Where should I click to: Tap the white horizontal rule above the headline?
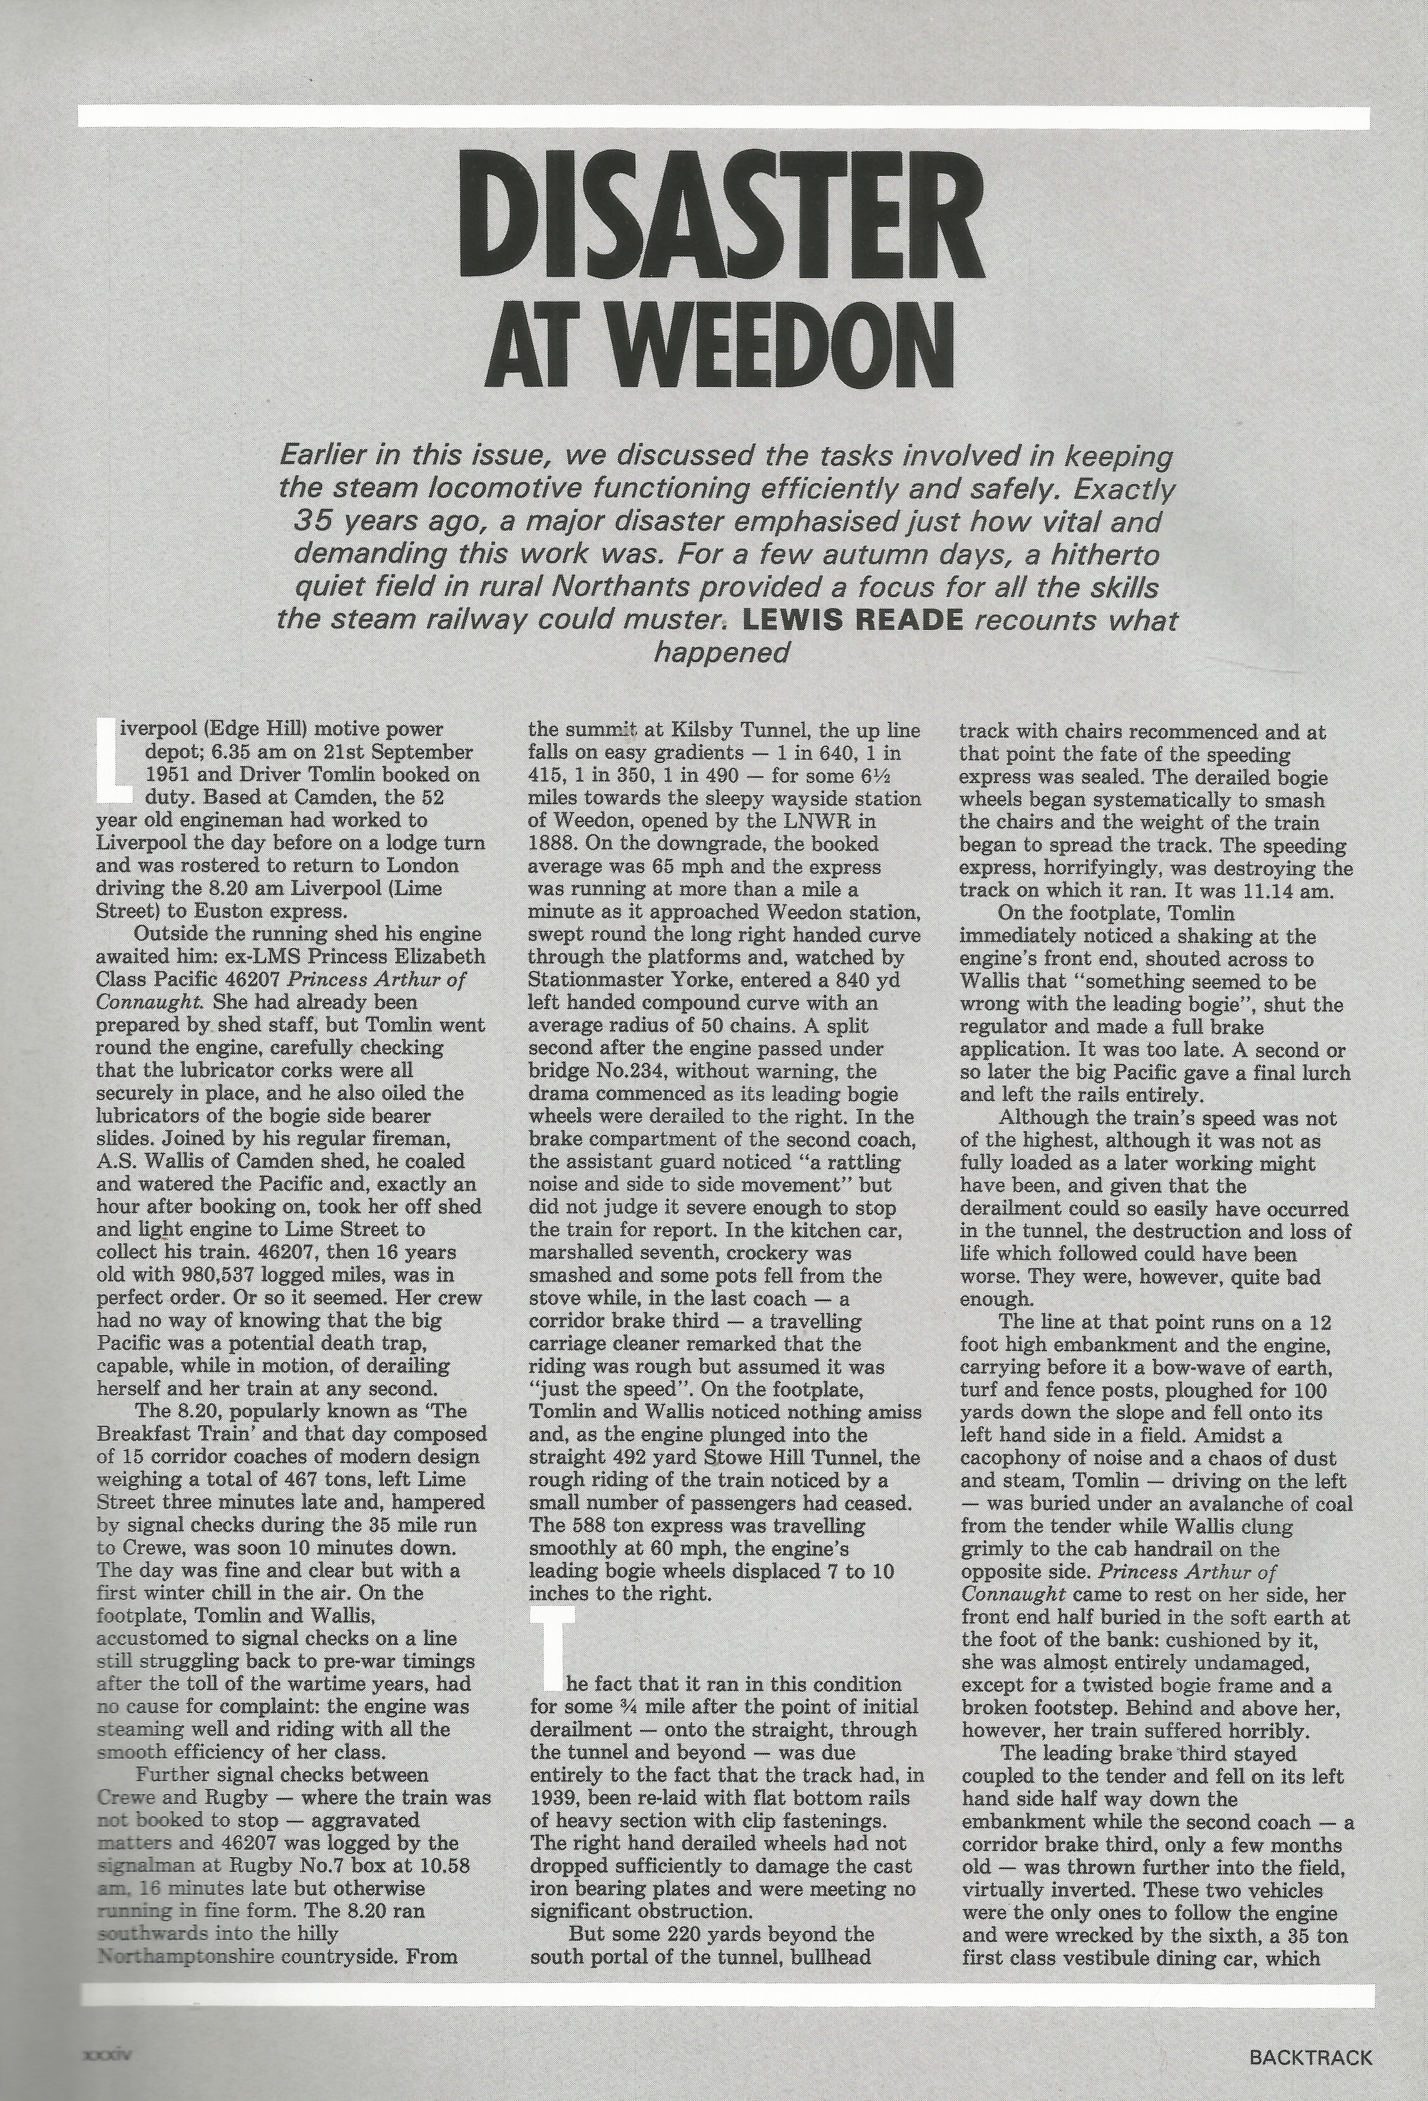click(x=723, y=117)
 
